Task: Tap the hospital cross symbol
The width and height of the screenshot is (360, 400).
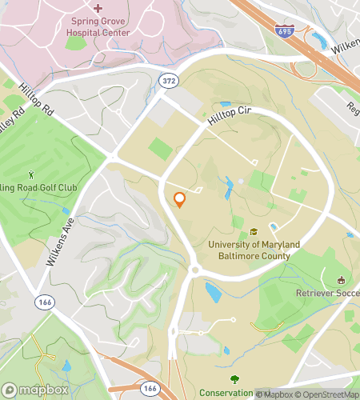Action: point(98,8)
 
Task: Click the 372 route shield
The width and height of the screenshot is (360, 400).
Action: point(169,81)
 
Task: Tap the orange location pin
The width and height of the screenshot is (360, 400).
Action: point(180,200)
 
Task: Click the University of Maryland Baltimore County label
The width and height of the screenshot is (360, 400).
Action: point(254,250)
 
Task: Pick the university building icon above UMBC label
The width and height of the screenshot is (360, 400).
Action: point(254,231)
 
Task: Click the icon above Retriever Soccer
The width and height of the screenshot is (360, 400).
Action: point(342,280)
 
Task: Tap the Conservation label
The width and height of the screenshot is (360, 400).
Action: point(227,392)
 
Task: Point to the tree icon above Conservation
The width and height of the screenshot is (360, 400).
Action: point(234,379)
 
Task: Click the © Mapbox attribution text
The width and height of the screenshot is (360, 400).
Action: point(276,393)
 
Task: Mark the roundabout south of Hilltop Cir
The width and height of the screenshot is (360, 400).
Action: point(194,270)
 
